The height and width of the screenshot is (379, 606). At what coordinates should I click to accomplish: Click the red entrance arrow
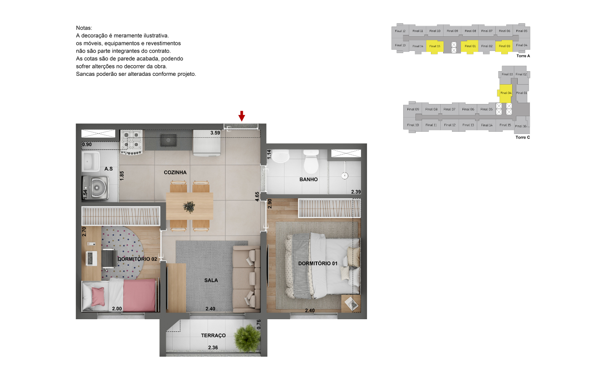click(242, 116)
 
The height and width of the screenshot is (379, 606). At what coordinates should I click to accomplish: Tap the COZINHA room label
click(175, 173)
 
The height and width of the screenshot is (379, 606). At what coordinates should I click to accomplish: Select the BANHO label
click(308, 179)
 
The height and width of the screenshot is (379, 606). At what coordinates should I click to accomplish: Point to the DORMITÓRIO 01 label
click(318, 264)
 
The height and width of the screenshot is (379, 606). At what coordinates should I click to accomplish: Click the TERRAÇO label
click(213, 336)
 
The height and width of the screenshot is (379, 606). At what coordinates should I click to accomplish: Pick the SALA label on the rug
click(211, 280)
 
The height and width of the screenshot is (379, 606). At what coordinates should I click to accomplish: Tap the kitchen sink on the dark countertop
click(168, 140)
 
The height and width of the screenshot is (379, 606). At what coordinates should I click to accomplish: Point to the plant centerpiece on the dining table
click(189, 207)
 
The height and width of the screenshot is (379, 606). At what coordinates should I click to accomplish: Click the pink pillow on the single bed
click(98, 296)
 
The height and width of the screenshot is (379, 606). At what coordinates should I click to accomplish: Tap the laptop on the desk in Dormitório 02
click(92, 258)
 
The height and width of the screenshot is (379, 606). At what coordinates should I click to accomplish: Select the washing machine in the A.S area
click(96, 187)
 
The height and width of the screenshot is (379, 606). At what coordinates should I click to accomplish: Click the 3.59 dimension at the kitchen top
click(215, 133)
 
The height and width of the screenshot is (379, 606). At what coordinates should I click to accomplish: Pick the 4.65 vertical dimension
click(257, 196)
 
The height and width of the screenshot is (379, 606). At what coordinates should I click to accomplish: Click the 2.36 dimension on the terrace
click(213, 348)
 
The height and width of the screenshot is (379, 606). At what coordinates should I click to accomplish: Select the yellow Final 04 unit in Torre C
click(505, 93)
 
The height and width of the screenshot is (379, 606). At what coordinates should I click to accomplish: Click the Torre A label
click(523, 56)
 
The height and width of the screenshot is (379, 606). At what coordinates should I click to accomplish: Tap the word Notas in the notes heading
click(84, 28)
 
